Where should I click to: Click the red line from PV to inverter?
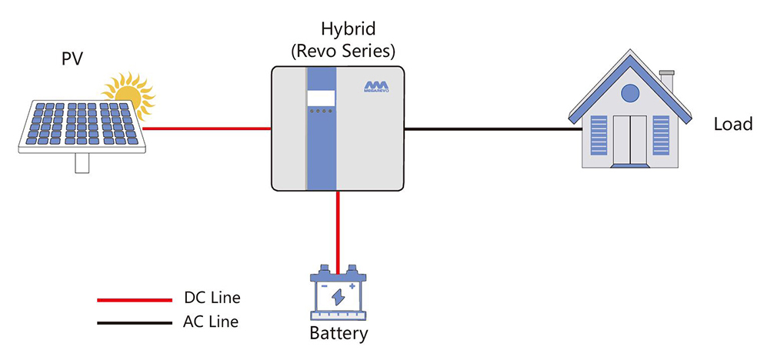(206, 128)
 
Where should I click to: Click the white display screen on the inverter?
(321, 98)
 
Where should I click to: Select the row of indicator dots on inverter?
(321, 112)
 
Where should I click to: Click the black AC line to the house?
(492, 128)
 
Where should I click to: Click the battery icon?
(338, 294)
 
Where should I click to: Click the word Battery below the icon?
(339, 334)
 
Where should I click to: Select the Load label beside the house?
(732, 125)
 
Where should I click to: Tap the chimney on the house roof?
(666, 79)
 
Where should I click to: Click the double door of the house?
(630, 140)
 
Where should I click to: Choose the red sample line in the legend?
(134, 300)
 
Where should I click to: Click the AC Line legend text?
(212, 322)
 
